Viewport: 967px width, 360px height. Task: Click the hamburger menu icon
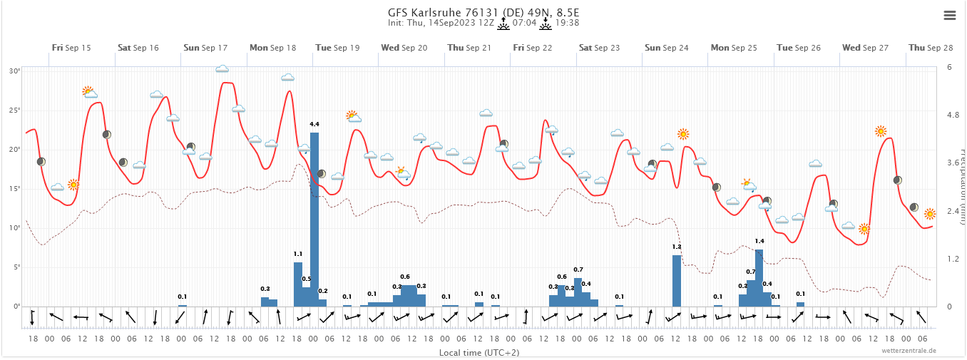pos(949,15)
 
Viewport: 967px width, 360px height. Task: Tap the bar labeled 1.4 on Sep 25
pos(759,277)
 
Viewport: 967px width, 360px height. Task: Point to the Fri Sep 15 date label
pos(71,48)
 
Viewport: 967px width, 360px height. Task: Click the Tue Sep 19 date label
pos(337,48)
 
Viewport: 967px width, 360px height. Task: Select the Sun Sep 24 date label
pos(666,48)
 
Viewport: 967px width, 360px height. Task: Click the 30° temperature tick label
pos(15,71)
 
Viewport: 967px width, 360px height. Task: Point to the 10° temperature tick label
pos(15,228)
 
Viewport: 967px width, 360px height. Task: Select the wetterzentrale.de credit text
pos(909,351)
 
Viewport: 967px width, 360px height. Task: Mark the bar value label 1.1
pos(298,254)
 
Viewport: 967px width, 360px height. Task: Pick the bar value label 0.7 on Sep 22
pos(578,269)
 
